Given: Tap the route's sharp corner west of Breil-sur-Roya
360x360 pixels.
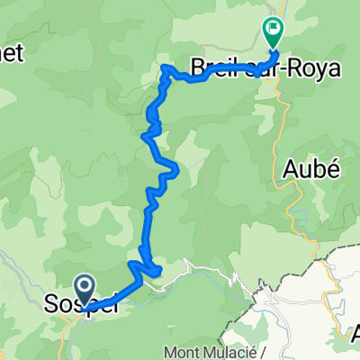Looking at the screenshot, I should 165,67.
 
